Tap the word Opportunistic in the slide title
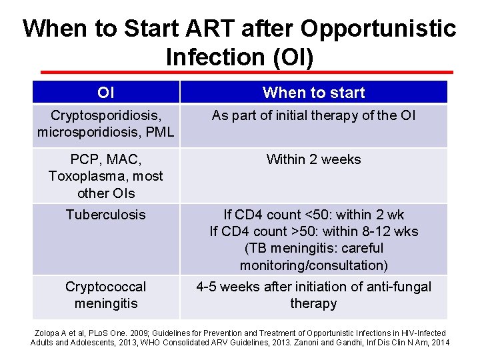(378, 29)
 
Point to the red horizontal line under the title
(247, 72)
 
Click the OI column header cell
(105, 92)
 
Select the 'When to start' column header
(313, 92)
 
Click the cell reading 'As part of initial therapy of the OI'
(313, 115)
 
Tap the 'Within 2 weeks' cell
(313, 159)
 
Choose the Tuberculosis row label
(105, 215)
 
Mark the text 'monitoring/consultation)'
(313, 265)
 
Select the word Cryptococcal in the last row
(105, 287)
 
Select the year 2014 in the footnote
(439, 343)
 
